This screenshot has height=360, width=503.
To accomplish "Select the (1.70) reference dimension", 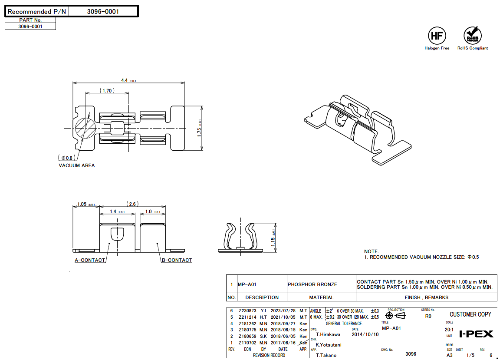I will (x=107, y=91).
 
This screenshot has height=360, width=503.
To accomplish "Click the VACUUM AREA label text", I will (x=76, y=165).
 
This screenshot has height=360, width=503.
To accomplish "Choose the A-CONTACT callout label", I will (x=90, y=260).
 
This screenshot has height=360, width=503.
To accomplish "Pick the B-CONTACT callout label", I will (x=177, y=260).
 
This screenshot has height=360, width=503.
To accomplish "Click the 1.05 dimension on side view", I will (x=85, y=204).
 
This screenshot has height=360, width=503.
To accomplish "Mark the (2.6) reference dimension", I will (x=132, y=204).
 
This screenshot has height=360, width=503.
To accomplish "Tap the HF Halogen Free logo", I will (x=437, y=35).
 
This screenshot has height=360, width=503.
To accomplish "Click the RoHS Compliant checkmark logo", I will (x=472, y=35).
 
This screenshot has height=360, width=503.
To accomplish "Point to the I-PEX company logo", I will (x=476, y=334).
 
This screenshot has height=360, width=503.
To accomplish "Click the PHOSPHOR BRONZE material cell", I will (x=312, y=284).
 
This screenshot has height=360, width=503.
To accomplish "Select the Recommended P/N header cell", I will (x=37, y=12).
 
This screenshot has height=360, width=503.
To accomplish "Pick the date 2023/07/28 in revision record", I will (x=283, y=311).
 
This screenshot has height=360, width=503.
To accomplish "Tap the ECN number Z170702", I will (x=247, y=343).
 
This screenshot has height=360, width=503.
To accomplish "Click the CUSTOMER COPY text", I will (x=470, y=314).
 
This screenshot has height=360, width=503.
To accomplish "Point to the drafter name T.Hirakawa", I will (x=328, y=334).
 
